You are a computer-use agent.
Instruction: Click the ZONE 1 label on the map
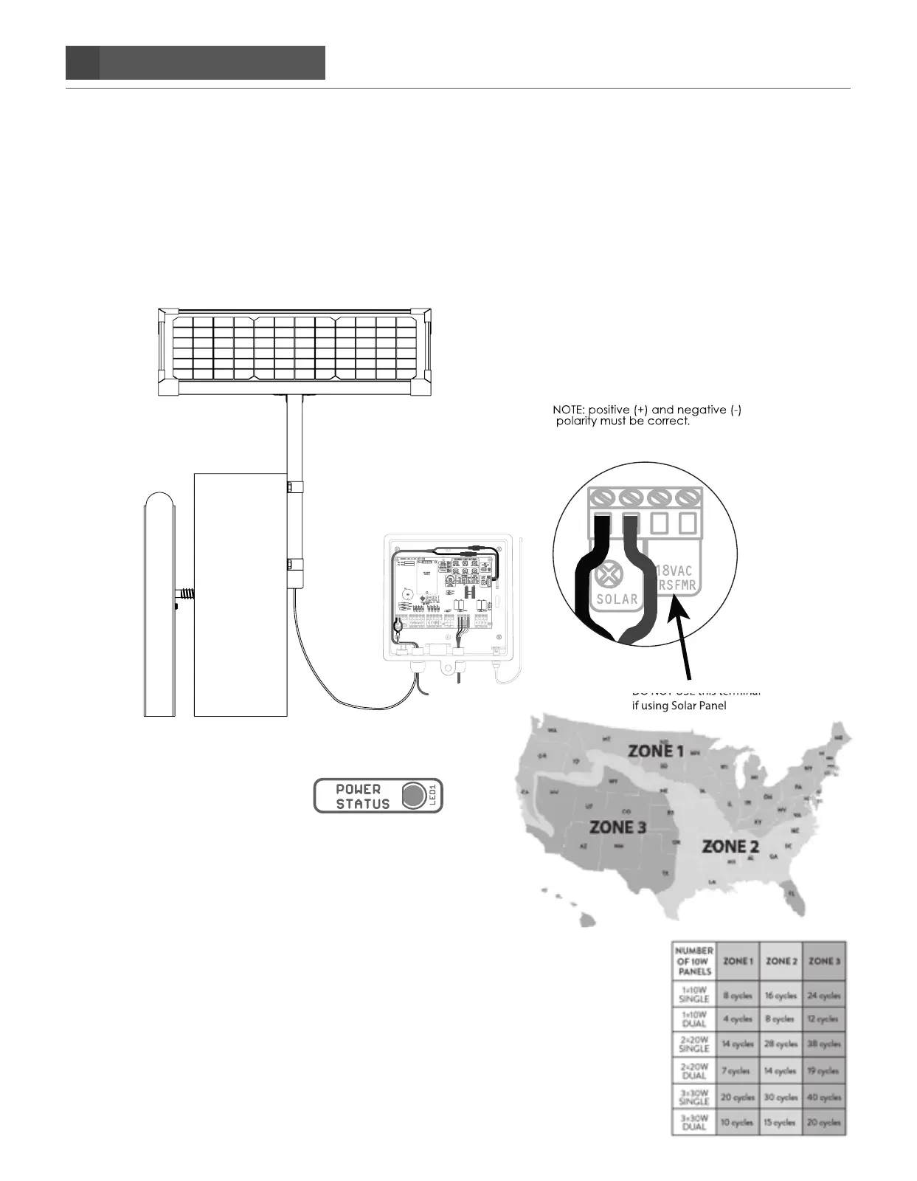click(x=656, y=751)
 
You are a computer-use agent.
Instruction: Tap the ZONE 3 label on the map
click(x=617, y=827)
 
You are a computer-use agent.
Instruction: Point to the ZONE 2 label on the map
click(x=730, y=846)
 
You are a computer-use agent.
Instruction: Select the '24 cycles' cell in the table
click(x=823, y=995)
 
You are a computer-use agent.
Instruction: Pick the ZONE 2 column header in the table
click(x=781, y=961)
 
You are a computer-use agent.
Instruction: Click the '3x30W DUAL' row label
click(x=693, y=1122)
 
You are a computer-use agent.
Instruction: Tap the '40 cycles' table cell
click(x=823, y=1097)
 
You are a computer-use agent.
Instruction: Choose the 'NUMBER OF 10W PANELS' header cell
click(x=693, y=961)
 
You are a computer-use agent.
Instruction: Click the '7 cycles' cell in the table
click(x=737, y=1070)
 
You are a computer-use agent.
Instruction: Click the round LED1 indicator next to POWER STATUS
click(x=414, y=795)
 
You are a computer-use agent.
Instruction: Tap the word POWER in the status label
click(x=359, y=789)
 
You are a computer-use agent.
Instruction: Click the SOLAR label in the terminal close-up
click(x=617, y=599)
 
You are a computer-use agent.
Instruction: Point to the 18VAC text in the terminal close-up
click(x=674, y=571)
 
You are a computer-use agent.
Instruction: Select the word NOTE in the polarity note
click(x=568, y=410)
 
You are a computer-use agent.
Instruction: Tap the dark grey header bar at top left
click(x=195, y=63)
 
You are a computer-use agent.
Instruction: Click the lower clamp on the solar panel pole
click(x=293, y=567)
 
